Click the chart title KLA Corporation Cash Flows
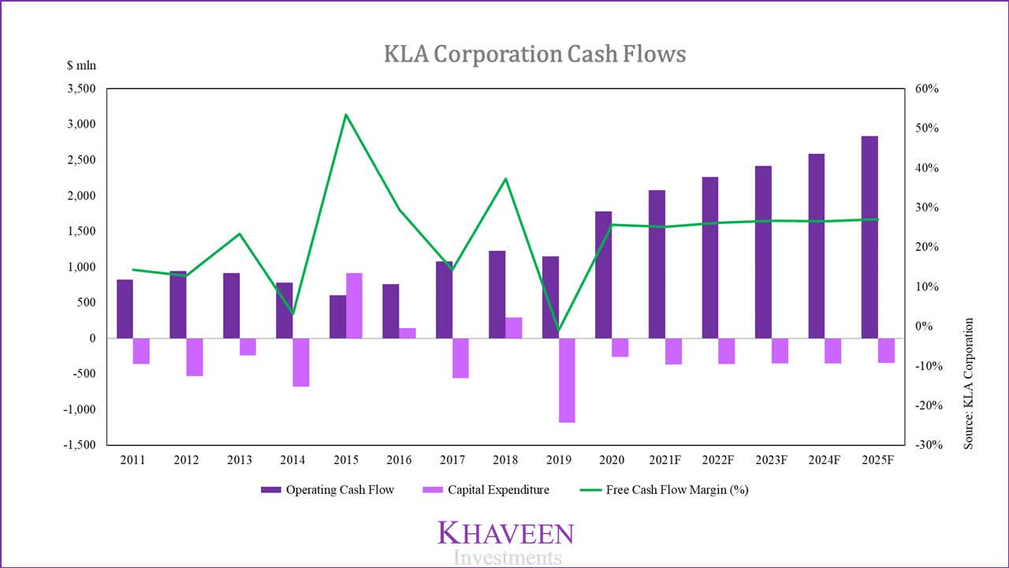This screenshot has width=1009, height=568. coord(534,54)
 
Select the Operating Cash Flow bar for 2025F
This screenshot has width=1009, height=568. coord(869,237)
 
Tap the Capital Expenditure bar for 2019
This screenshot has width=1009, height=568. coord(568,380)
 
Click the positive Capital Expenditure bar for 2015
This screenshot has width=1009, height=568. coord(355,305)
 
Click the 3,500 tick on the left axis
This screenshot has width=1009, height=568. coord(81,89)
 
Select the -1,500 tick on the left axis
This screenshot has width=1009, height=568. coord(79,445)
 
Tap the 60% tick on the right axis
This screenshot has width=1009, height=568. coord(927,89)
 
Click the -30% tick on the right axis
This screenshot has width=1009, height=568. coord(925,445)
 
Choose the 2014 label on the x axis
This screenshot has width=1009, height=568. coord(292,459)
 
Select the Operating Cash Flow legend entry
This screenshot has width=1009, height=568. coord(328,490)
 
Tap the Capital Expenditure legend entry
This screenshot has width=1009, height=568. coord(486,490)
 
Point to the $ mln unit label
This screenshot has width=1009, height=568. coord(81,66)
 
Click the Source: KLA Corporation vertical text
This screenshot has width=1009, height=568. coord(969,383)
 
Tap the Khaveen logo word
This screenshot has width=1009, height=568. coord(505,533)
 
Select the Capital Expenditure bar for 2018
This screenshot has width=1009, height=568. coord(514,328)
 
